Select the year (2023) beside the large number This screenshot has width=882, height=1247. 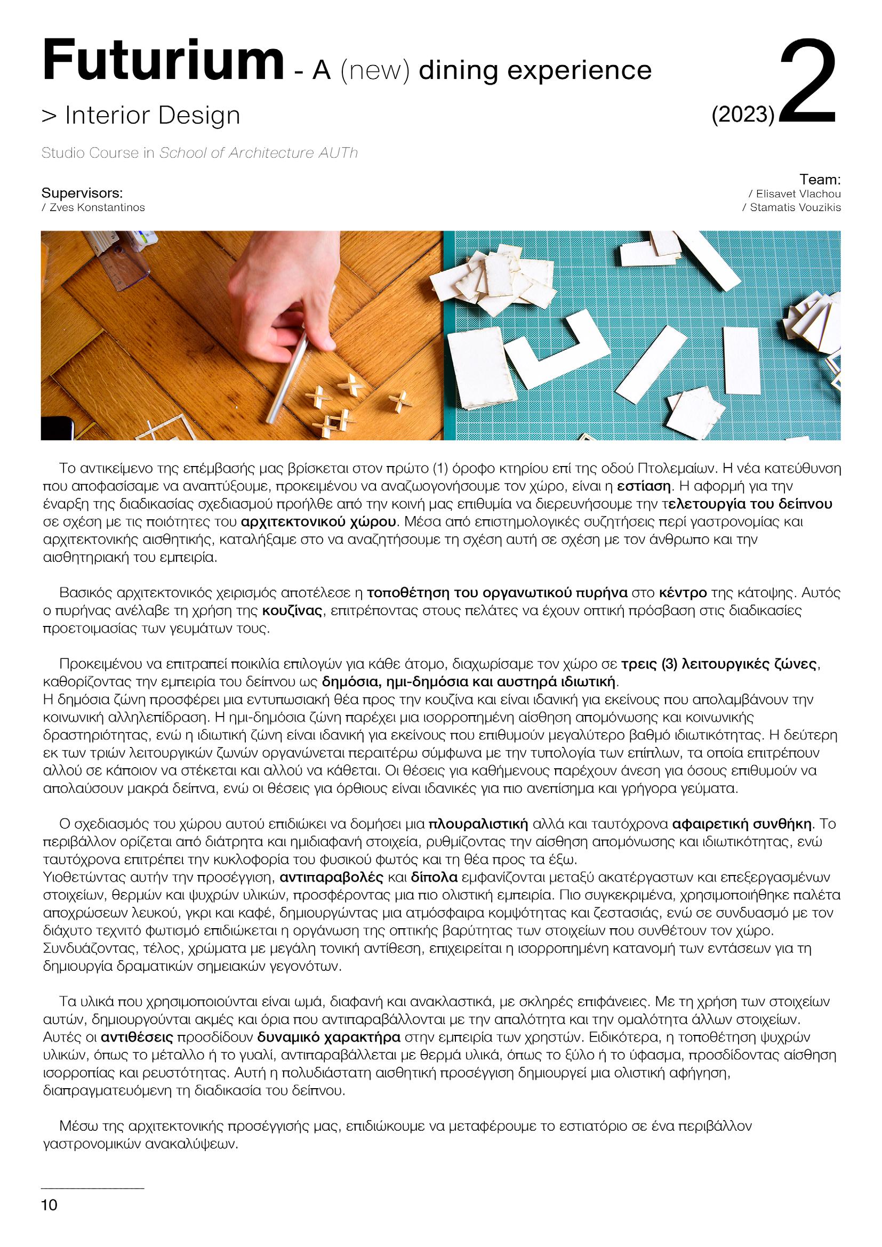[x=742, y=114]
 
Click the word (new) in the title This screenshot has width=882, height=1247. [x=374, y=70]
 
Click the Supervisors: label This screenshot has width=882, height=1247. [x=82, y=194]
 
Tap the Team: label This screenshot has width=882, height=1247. [x=820, y=179]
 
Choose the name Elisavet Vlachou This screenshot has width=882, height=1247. [x=794, y=194]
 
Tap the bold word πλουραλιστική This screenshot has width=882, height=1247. [x=478, y=824]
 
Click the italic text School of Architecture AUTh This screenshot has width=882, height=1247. [x=259, y=153]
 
